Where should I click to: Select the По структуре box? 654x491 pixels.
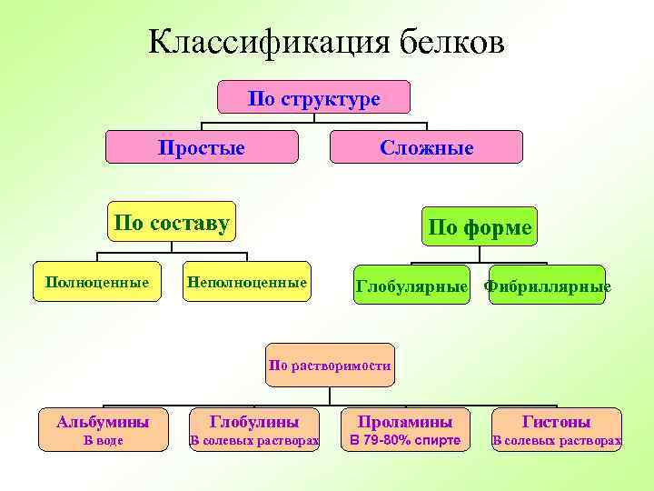(314, 98)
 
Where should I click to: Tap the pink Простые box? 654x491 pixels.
(202, 147)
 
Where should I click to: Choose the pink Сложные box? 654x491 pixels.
(426, 147)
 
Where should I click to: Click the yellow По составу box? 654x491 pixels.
(171, 222)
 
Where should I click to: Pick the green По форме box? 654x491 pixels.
(479, 227)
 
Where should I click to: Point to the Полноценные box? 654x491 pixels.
(97, 283)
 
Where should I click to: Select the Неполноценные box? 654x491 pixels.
(245, 283)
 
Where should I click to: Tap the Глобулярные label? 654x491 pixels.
(411, 287)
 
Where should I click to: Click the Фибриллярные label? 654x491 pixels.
(548, 287)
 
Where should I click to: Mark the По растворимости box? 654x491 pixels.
(330, 366)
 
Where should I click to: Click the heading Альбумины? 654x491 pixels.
(103, 422)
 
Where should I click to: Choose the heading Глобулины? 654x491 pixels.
(254, 422)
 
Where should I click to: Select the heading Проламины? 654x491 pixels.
(405, 422)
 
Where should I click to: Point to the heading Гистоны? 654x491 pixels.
(556, 422)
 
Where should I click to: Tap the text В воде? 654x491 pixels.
(103, 442)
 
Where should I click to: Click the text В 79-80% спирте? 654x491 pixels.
(405, 442)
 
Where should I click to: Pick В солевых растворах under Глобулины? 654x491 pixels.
(254, 442)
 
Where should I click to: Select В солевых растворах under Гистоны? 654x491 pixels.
(556, 442)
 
